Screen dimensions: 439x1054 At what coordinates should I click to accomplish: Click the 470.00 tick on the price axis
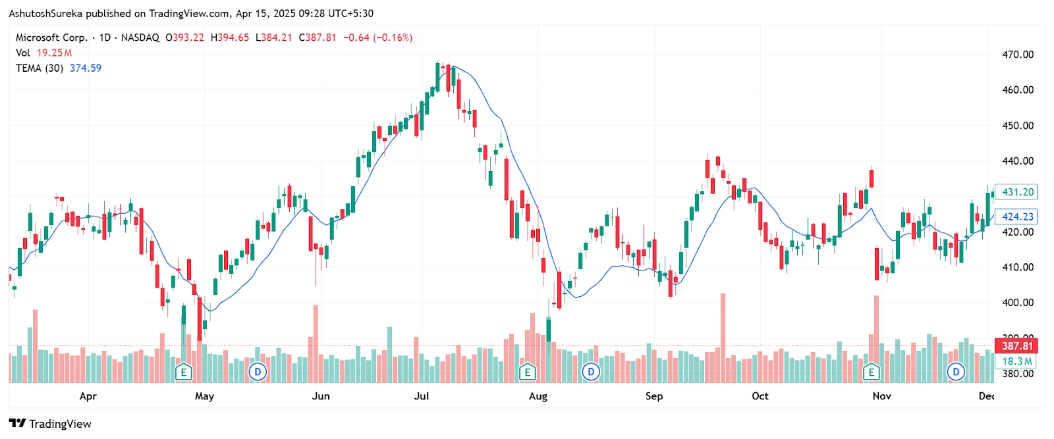click(1017, 55)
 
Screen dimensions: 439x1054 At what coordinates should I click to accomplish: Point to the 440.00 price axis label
click(1017, 161)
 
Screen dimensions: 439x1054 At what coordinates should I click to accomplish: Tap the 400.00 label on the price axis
click(1017, 303)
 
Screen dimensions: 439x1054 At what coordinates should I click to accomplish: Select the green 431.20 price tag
click(1016, 192)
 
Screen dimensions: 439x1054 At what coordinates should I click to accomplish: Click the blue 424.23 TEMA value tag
click(1016, 217)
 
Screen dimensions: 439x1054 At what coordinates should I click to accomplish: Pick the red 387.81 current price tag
click(1016, 346)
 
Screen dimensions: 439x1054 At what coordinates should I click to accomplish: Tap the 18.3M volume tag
click(1016, 361)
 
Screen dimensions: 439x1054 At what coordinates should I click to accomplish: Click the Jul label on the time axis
click(422, 396)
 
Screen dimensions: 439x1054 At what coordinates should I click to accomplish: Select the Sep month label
click(653, 396)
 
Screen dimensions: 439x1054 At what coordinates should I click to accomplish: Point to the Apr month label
click(88, 396)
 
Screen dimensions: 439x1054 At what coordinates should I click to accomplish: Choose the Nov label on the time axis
click(881, 396)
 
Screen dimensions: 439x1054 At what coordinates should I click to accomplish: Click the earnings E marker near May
click(184, 373)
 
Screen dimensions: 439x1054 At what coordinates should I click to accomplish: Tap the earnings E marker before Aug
click(527, 373)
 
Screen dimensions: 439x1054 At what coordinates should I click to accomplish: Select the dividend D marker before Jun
click(258, 373)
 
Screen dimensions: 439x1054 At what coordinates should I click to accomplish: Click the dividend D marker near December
click(956, 373)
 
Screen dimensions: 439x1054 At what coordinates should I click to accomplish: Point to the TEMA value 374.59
click(86, 68)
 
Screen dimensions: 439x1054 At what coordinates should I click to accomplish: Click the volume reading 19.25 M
click(54, 53)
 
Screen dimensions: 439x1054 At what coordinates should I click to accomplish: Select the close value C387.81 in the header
click(317, 38)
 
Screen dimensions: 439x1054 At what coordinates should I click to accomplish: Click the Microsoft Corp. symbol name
click(51, 38)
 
